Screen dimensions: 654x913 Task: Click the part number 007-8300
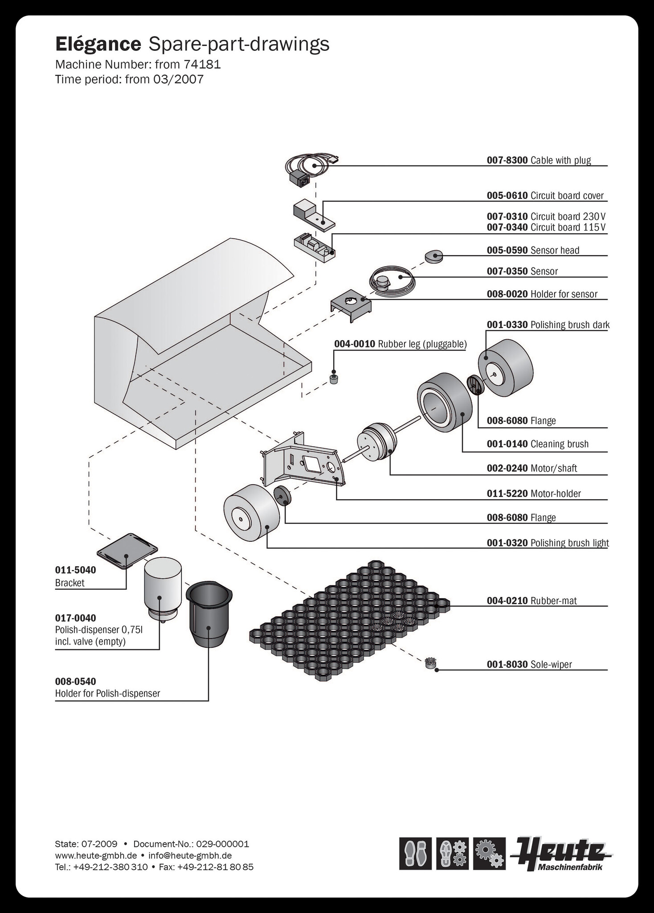point(507,160)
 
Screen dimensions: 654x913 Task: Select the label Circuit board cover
point(567,196)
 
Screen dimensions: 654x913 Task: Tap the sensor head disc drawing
point(433,256)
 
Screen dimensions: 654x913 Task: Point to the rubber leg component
point(334,379)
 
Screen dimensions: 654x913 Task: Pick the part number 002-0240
point(507,469)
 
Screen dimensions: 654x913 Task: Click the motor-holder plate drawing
point(303,461)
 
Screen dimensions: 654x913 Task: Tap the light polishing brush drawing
point(251,513)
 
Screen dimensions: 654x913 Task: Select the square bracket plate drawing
point(127,551)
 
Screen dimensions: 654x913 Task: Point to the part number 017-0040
point(76,618)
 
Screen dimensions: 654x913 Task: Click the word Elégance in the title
point(98,44)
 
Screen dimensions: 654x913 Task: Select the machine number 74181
point(202,65)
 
